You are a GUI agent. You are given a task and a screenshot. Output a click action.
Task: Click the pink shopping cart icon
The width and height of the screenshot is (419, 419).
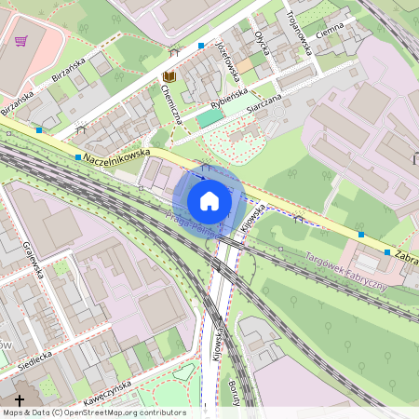click(x=20, y=41)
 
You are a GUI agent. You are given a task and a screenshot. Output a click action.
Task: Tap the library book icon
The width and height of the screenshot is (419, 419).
click(x=169, y=77)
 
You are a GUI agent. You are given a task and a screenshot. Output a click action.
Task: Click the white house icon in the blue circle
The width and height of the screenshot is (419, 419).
click(x=209, y=200)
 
